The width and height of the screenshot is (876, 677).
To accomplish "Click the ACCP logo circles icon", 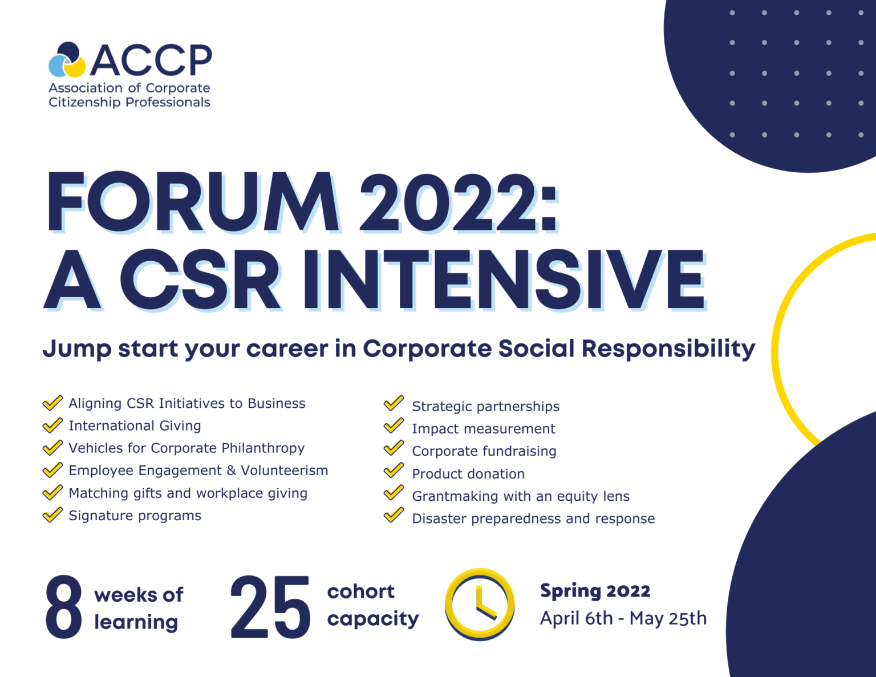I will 67,60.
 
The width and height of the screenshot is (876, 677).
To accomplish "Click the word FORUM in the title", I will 192,202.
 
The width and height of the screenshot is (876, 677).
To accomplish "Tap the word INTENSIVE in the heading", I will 504,280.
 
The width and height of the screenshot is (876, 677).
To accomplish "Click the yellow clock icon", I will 480,604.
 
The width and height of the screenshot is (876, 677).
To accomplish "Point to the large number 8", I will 63,607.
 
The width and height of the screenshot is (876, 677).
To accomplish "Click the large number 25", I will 270,607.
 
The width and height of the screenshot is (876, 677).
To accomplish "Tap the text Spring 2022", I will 595,591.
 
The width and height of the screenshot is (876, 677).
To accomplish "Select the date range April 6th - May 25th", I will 623,618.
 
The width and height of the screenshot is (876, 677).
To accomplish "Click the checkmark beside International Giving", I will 52,425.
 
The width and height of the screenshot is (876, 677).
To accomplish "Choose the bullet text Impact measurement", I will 483,429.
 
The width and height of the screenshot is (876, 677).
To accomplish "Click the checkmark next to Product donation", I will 394,471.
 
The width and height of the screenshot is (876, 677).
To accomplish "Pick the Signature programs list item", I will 135,516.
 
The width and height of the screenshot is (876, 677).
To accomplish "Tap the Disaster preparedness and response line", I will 533,519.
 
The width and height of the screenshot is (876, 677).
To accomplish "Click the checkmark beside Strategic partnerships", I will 394,403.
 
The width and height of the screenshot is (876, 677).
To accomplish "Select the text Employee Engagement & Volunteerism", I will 198,471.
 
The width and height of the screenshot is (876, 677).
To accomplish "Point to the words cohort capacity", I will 372,605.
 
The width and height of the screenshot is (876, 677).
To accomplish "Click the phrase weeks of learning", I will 138,608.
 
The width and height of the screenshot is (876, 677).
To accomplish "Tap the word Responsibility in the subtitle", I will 668,348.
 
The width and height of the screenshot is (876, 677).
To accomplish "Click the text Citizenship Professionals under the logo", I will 129,102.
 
